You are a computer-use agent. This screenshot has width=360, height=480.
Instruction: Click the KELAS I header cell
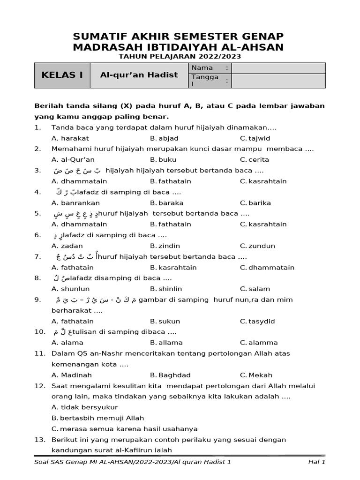[62, 75]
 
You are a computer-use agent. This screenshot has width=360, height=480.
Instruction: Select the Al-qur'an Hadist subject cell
[139, 75]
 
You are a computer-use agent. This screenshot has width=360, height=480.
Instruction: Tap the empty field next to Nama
[278, 68]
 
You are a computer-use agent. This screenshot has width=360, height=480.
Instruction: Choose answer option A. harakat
[70, 138]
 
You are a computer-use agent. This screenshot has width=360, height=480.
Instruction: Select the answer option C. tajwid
[255, 138]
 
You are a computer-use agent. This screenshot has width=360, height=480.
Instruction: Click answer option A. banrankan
[75, 203]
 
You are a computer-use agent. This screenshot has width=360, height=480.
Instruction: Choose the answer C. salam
[255, 289]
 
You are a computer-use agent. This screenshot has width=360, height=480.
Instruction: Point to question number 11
[39, 353]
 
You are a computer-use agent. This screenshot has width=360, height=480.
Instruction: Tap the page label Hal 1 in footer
[316, 462]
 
